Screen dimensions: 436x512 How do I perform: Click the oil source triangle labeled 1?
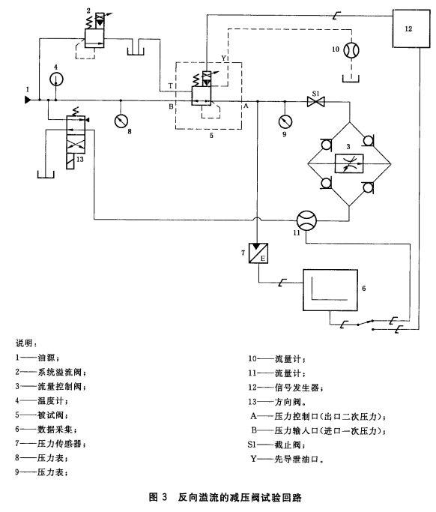[x=28, y=100]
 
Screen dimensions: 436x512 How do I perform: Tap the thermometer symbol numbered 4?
[x=56, y=79]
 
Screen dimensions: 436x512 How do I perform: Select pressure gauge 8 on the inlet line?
[x=121, y=121]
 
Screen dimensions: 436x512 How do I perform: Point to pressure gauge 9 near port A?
[x=285, y=121]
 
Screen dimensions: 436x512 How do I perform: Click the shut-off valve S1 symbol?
[x=316, y=101]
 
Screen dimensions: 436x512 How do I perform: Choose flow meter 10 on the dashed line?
[x=351, y=50]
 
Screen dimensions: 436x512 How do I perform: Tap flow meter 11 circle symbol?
[x=306, y=220]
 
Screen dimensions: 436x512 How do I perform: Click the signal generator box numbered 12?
[x=411, y=28]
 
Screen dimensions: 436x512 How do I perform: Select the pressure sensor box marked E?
[x=258, y=253]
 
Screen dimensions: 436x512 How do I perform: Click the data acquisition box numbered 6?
[x=330, y=290]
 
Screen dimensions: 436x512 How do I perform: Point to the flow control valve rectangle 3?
[x=349, y=163]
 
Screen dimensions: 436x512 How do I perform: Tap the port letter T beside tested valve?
[x=170, y=86]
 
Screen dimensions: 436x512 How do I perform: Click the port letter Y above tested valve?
[x=223, y=58]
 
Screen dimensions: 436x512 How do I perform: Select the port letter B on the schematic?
[x=171, y=106]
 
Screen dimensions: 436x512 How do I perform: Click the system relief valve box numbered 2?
[x=94, y=38]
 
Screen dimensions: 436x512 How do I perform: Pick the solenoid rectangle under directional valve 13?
[x=70, y=161]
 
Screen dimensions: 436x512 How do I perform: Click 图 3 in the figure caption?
[x=158, y=497]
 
